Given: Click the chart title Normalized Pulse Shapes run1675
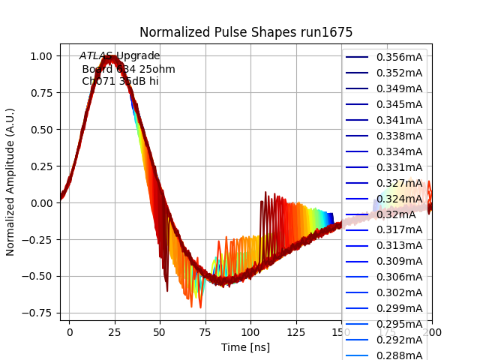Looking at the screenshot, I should coord(246,32).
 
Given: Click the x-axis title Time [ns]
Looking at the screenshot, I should coord(245,347).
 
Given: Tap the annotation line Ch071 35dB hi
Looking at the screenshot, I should coord(120,81).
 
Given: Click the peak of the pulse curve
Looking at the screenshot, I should coord(110,58).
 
